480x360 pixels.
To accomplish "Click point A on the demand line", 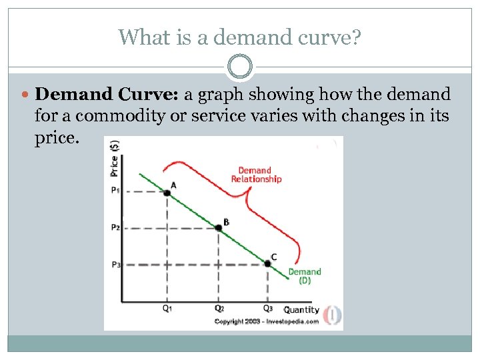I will tap(167, 193).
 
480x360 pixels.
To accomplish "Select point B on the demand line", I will tap(218, 228).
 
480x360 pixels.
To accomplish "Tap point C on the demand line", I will tap(267, 263).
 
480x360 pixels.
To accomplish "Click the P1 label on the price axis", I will tap(115, 190).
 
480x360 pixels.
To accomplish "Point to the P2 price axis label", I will tap(115, 227).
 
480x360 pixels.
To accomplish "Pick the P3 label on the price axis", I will tap(115, 265).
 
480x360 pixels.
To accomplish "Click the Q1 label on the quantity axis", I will tap(167, 309).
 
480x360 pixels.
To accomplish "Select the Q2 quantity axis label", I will tap(219, 309).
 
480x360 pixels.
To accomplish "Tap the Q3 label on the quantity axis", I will tap(267, 309).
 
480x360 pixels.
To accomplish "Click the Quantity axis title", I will tap(301, 310).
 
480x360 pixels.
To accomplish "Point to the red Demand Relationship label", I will tap(256, 175).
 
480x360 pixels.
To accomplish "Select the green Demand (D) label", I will tap(304, 276).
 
